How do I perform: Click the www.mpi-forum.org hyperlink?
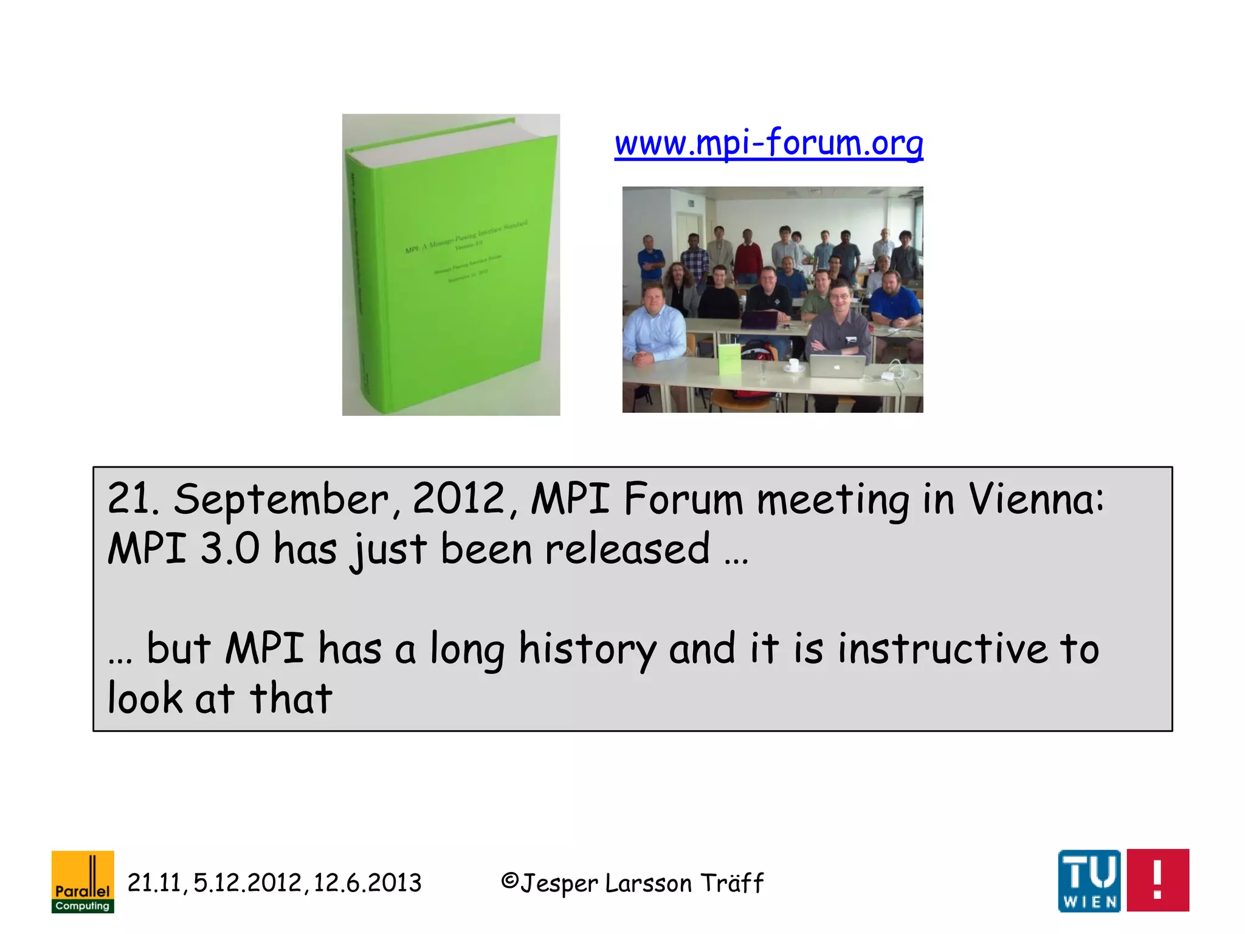[768, 144]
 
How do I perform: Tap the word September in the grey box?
[281, 500]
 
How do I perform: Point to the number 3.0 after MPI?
[230, 548]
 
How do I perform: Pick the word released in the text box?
[627, 548]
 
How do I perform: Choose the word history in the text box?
[587, 649]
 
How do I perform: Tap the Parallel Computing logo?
[83, 882]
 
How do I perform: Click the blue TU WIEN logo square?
[1089, 880]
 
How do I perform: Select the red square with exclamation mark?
[1157, 880]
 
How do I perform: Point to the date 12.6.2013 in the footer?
[367, 883]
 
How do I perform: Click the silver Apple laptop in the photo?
[837, 365]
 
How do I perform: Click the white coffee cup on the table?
[793, 365]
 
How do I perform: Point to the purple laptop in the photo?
[759, 319]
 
